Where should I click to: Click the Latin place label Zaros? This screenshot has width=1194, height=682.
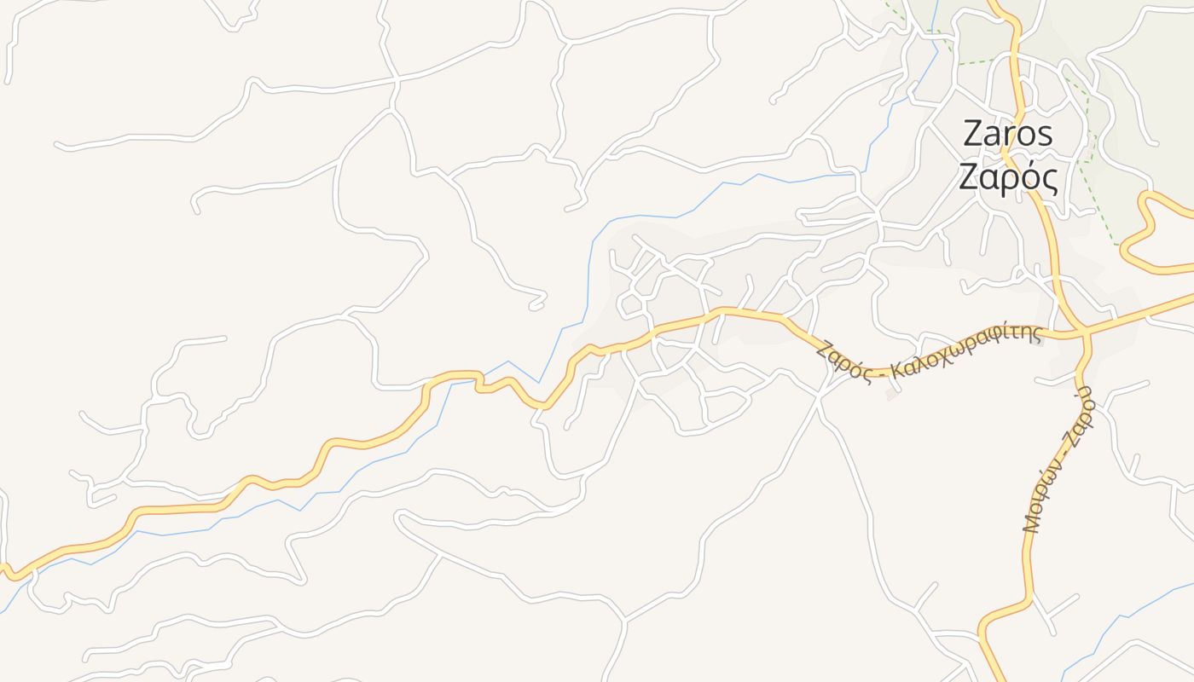point(1007,135)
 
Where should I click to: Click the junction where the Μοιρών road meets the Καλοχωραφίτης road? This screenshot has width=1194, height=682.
point(1085,332)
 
